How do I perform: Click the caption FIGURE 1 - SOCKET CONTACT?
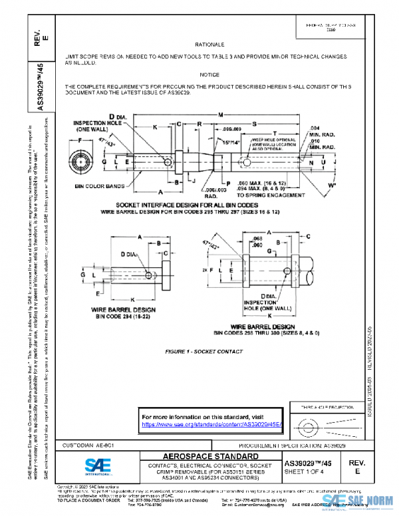click(x=199, y=350)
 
